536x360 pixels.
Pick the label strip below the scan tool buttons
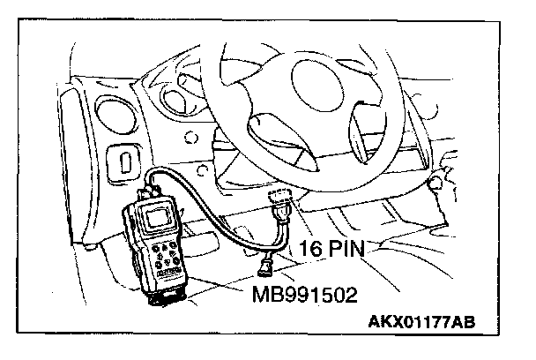coord(167,281)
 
